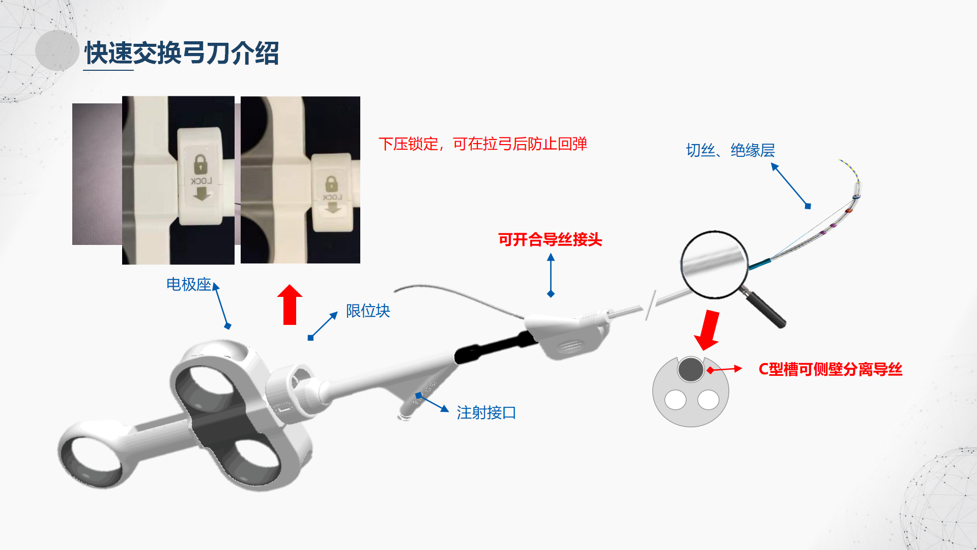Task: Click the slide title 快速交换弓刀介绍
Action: [182, 53]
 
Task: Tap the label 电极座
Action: [189, 284]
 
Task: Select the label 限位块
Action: [368, 311]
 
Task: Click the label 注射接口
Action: [486, 413]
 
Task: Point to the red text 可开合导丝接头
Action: [550, 239]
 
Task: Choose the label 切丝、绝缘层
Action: [730, 150]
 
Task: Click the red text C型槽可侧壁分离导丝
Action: [830, 369]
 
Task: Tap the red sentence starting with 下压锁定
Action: [483, 144]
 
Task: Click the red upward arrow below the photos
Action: [290, 305]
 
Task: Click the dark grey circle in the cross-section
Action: [691, 369]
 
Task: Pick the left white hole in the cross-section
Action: [675, 400]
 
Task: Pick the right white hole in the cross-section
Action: [708, 400]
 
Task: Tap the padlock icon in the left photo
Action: [201, 164]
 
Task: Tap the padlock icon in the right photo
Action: [332, 184]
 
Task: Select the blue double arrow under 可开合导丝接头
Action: [551, 276]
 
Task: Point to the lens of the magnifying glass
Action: [714, 264]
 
